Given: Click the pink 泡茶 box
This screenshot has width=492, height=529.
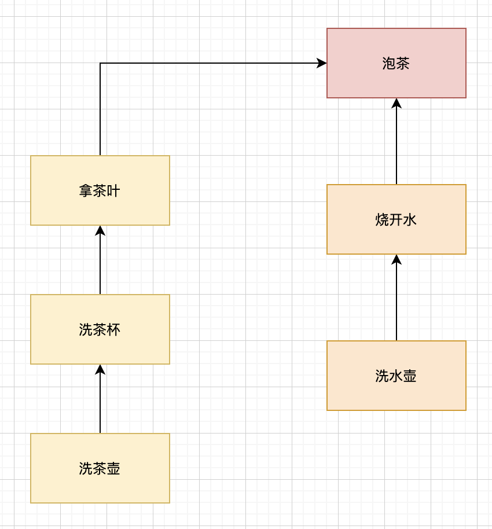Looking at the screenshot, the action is tap(396, 63).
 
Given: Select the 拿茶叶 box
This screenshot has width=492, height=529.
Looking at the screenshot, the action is tap(100, 190).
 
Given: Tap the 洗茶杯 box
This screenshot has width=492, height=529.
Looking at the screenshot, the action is tap(100, 329).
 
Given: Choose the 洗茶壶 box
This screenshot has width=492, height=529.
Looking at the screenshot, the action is tap(100, 468).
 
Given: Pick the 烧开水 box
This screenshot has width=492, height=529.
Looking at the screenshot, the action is tap(396, 219).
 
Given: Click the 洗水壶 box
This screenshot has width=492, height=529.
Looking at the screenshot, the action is tap(396, 376).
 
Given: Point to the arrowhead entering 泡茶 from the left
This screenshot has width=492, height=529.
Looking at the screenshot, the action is tap(322, 63).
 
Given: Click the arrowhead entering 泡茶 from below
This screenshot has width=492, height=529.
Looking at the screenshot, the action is tap(396, 103).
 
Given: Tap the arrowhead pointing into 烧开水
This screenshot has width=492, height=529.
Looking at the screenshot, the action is tap(396, 259).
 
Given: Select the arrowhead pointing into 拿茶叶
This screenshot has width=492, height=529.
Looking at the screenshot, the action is tap(100, 230).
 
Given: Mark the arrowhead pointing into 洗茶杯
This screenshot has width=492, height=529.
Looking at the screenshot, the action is tap(100, 369).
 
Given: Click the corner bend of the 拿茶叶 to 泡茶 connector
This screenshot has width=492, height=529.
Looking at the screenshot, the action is tap(100, 63).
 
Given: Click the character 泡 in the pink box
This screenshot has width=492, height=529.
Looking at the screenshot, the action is tap(389, 64).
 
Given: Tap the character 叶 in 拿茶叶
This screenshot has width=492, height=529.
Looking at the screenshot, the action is tap(113, 191).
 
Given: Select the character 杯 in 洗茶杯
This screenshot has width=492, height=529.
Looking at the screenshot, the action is tap(113, 330).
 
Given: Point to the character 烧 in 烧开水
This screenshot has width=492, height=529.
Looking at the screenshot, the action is tap(382, 219).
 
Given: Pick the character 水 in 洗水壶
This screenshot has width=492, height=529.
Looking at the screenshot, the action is tap(396, 376).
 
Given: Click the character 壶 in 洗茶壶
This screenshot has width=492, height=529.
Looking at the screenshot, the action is tap(113, 469).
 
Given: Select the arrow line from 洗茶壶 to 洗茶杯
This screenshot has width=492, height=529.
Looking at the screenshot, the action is tap(100, 399).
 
